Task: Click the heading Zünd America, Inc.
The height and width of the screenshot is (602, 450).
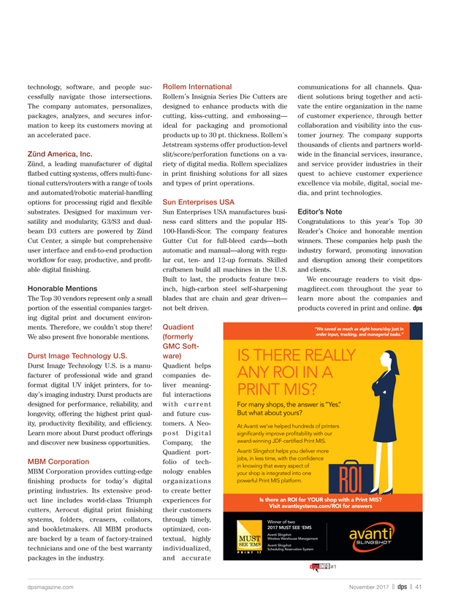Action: point(60,155)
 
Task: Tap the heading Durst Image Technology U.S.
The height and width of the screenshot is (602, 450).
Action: point(77,355)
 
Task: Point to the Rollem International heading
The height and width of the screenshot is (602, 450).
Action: point(197,87)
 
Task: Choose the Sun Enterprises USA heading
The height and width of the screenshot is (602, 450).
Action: point(199,201)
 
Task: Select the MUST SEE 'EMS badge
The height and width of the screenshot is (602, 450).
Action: point(250,541)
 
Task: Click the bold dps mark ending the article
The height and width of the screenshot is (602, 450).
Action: point(417,307)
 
